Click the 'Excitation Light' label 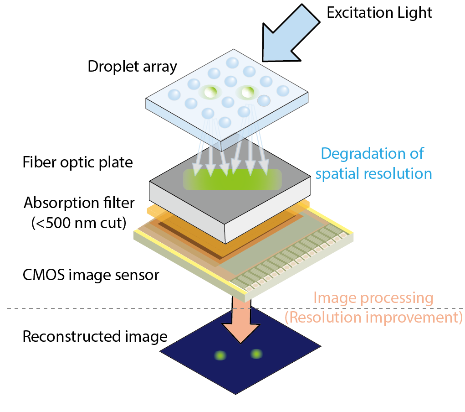[x=379, y=12]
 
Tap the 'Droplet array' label [x=132, y=67]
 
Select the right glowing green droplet [x=248, y=93]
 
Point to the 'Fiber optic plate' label [x=77, y=162]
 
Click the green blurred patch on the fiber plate [x=232, y=179]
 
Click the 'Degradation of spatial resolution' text [x=373, y=163]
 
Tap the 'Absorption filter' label [x=79, y=202]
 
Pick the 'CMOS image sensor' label [x=91, y=275]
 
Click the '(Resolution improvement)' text [x=373, y=317]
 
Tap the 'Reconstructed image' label [x=95, y=337]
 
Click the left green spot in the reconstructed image [x=220, y=355]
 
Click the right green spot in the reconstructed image [x=256, y=354]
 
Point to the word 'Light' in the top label [x=413, y=12]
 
